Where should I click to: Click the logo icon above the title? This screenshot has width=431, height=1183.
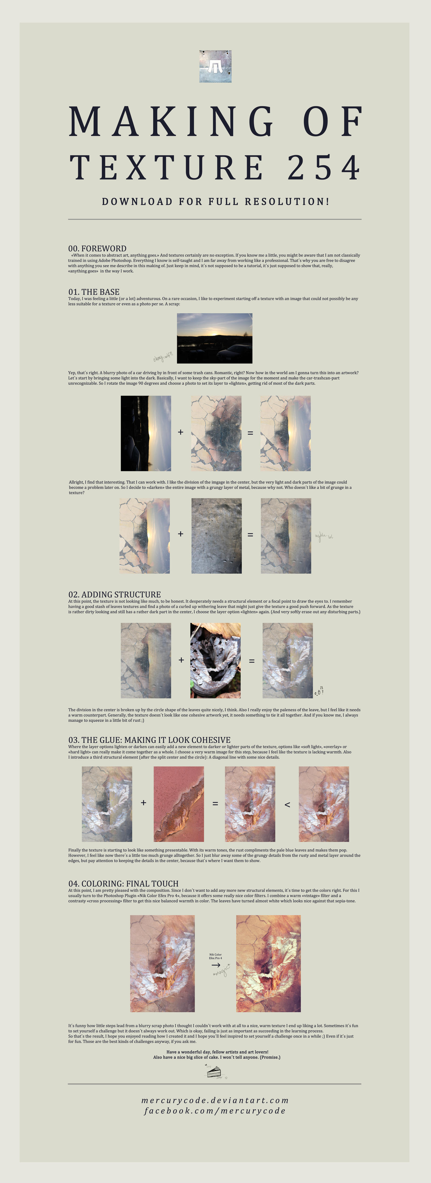tap(215, 67)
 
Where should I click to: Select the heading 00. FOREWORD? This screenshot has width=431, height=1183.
tap(97, 248)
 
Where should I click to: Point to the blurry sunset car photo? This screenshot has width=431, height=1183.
tap(214, 338)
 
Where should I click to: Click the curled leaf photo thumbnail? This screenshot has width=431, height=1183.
tap(215, 660)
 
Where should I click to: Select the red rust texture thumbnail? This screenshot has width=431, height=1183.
tap(179, 804)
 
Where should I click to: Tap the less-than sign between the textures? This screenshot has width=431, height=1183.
tap(287, 804)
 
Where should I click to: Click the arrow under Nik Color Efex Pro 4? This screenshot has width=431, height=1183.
tap(215, 965)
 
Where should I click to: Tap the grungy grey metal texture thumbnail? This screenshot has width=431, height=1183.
tap(216, 536)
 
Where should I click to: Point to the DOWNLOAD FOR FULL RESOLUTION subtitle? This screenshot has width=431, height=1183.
tap(215, 202)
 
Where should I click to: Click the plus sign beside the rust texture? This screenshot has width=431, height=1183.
tap(144, 803)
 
